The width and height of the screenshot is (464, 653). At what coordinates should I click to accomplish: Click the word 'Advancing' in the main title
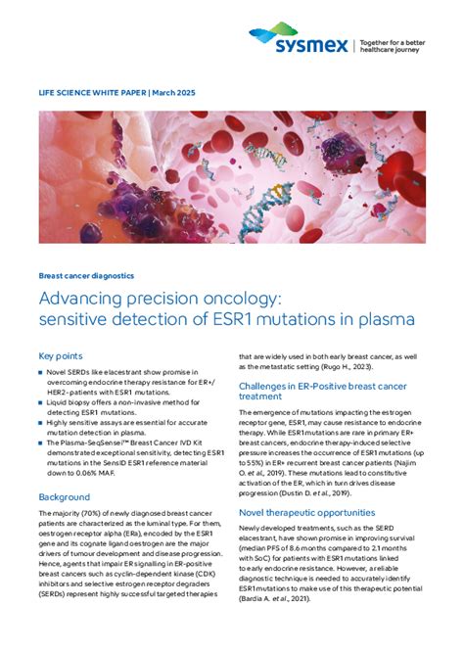tap(84, 298)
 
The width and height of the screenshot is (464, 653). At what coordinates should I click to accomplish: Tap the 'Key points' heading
tap(60, 356)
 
